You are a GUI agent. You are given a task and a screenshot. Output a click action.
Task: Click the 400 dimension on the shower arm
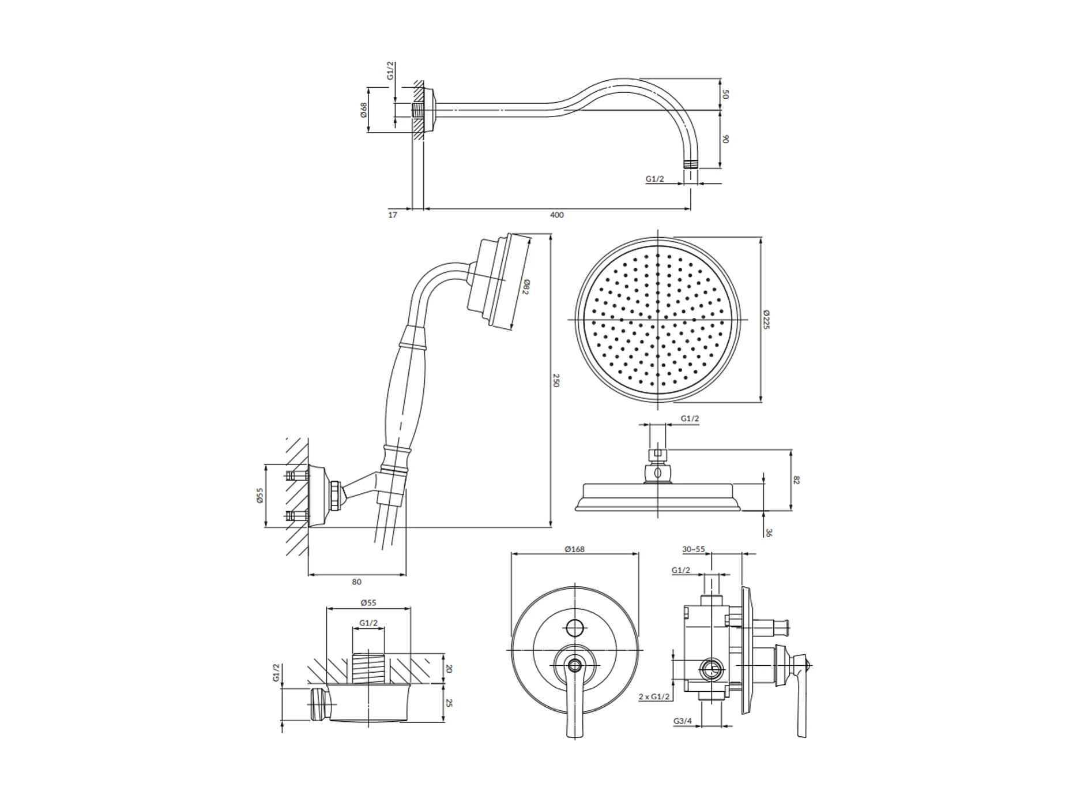(556, 215)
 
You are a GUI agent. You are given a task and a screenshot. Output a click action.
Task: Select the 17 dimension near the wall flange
(393, 215)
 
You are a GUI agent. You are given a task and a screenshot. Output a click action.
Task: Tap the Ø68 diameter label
(363, 110)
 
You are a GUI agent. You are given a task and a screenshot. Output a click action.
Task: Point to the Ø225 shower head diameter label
(766, 319)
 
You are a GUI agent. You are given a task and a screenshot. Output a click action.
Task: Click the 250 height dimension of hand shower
(556, 380)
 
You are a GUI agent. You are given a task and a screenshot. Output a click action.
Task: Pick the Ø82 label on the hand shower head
(526, 287)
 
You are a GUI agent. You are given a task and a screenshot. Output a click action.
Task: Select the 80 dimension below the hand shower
(357, 582)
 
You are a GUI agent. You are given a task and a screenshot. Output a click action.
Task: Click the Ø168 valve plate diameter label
(574, 549)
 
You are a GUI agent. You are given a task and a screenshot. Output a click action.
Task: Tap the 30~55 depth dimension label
(693, 549)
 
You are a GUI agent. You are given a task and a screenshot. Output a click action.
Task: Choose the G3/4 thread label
(682, 721)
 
